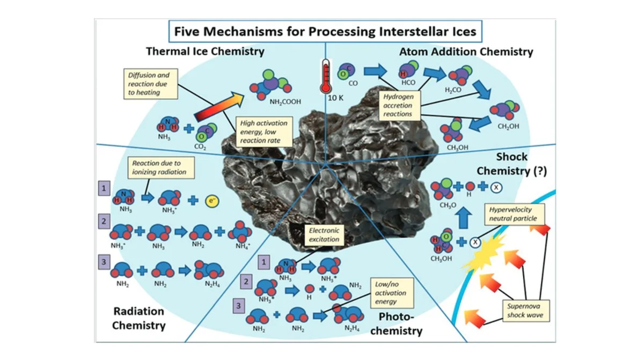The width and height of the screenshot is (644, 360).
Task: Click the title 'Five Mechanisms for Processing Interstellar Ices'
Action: click(324, 32)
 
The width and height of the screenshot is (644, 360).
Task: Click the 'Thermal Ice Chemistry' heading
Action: click(205, 52)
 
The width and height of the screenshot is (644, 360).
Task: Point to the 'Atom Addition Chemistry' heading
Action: click(466, 52)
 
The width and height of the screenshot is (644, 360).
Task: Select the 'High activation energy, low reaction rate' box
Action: click(264, 132)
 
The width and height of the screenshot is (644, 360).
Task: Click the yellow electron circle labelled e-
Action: click(213, 201)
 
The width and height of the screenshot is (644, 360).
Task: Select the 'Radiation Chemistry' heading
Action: click(139, 318)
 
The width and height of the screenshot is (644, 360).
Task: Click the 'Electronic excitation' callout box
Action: click(324, 235)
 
